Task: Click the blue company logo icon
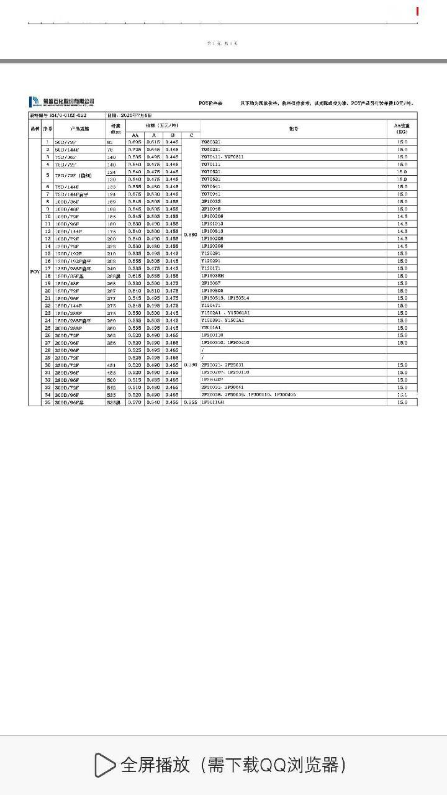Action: click(34, 102)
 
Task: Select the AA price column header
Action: click(135, 135)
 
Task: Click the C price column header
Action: click(191, 135)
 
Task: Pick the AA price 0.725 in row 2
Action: click(135, 150)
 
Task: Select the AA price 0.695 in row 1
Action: click(135, 142)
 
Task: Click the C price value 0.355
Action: click(191, 402)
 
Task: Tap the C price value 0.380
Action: click(191, 235)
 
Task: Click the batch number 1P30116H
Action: click(212, 402)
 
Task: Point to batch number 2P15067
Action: click(211, 283)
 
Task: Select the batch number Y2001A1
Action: click(211, 328)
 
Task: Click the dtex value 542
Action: click(112, 388)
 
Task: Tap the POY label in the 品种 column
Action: click(35, 272)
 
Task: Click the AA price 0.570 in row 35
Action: click(135, 402)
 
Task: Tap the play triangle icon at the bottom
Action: click(104, 765)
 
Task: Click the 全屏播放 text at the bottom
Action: click(155, 765)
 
